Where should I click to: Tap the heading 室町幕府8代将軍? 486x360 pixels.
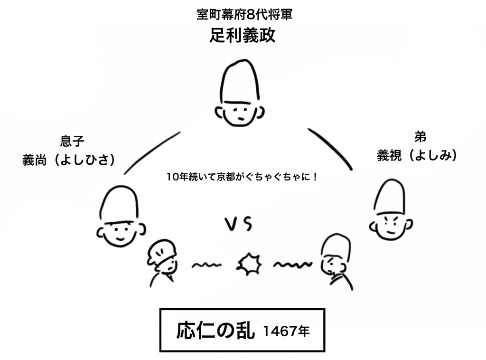point(243,15)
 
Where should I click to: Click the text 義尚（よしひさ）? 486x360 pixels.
point(69,161)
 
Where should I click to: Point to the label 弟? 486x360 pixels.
point(420,137)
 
